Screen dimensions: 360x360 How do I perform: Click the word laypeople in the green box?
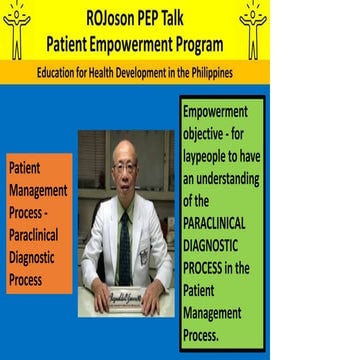point(212,147)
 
